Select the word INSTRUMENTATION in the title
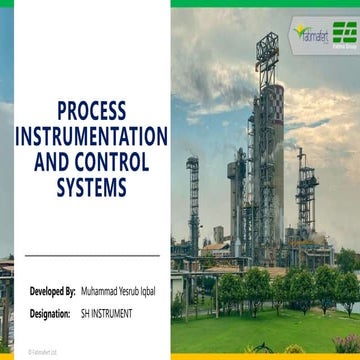point(91,134)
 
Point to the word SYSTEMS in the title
point(91,186)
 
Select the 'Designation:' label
point(51,314)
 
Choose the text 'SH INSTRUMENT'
point(107,314)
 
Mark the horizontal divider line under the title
point(90,256)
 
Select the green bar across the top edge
point(265,3)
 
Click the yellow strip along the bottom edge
point(265,357)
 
